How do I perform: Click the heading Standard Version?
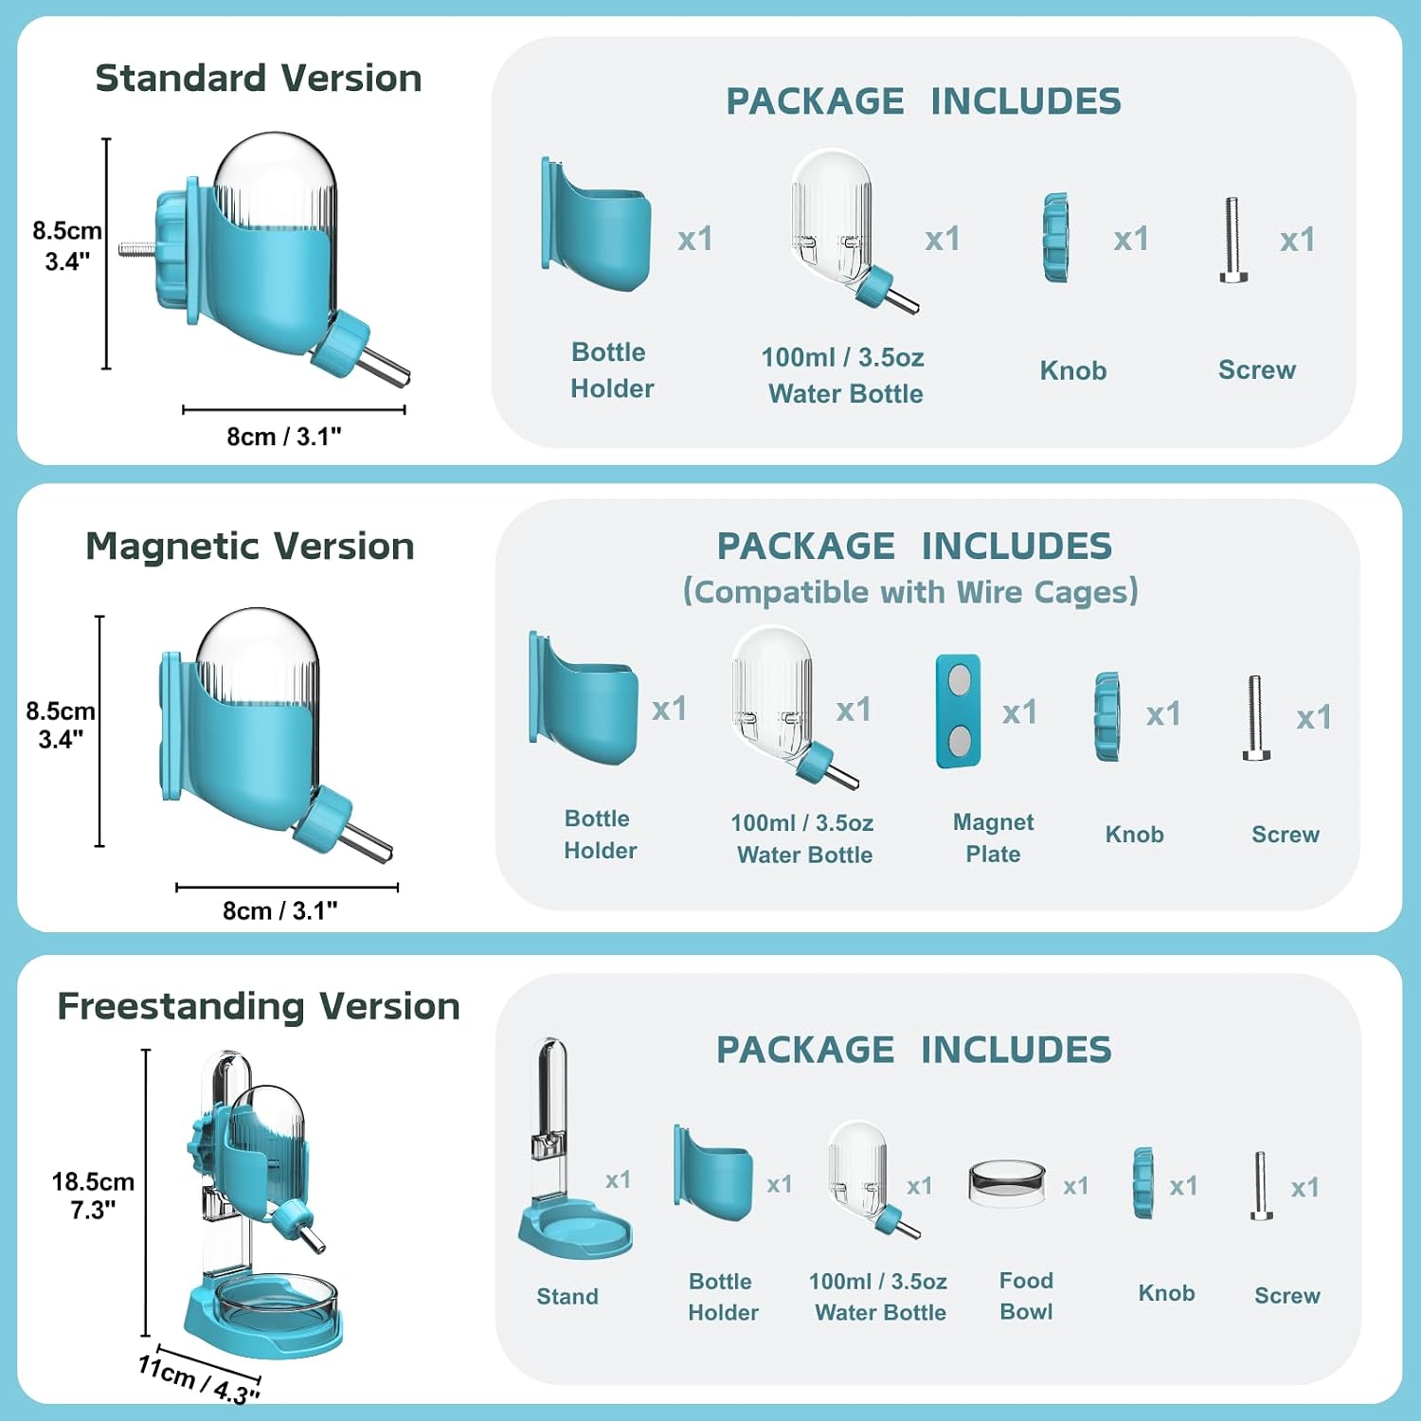coord(259,78)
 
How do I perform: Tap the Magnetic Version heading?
coord(250,547)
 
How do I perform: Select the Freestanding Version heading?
coord(259,1006)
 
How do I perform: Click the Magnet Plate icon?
coord(958,710)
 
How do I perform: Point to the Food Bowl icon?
coord(1006,1183)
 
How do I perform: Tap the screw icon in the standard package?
coord(1232,240)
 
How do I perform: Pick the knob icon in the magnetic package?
coord(1106,716)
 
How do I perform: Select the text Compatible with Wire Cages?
coord(910,592)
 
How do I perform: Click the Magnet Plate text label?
coord(993,837)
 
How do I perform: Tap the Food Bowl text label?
coord(1026,1296)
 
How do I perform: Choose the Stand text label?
coord(567,1296)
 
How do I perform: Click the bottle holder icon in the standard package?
coord(596,225)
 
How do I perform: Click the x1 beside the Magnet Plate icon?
coord(1019,711)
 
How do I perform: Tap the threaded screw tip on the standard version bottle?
coord(137,250)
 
